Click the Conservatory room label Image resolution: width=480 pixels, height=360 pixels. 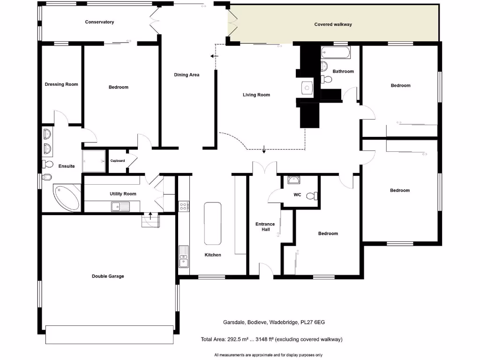(99, 22)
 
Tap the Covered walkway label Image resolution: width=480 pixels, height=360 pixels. (333, 24)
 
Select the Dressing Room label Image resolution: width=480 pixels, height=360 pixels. (61, 84)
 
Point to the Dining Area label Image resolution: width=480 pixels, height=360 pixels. (187, 75)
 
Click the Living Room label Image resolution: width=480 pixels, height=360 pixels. (256, 95)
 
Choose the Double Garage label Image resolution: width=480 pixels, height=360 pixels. (108, 276)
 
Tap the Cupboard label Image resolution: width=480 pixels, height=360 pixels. (118, 161)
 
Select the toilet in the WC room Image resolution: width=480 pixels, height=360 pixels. (311, 196)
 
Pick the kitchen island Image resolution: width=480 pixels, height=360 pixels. (213, 223)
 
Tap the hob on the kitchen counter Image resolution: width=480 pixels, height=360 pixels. (185, 205)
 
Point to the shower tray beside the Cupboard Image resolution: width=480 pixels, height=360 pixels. (94, 160)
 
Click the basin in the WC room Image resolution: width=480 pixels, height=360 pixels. (294, 180)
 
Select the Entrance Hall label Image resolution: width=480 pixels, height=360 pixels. (265, 227)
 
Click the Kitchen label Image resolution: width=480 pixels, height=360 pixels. (212, 255)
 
